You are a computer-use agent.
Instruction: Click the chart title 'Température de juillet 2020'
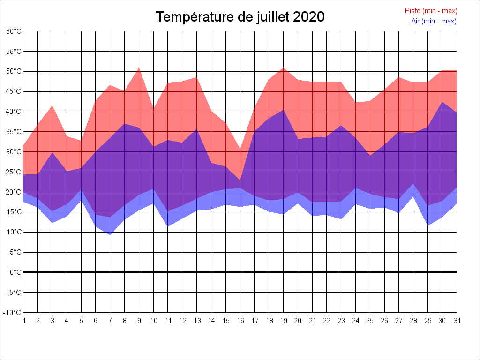[240, 17]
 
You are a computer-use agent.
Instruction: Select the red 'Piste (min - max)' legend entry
[431, 11]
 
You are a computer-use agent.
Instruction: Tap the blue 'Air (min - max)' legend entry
[434, 21]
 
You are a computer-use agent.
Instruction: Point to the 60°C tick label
[14, 31]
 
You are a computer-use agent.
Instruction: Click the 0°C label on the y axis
[15, 272]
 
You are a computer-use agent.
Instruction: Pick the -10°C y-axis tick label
[13, 313]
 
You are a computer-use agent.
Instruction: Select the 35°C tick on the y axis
[14, 132]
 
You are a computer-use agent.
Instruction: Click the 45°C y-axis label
[14, 91]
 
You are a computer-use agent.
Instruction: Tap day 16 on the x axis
[240, 321]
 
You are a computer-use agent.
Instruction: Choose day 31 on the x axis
[457, 321]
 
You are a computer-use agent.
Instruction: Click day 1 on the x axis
[23, 321]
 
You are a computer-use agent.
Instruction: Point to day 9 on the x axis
[139, 321]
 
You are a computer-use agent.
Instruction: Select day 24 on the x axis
[355, 321]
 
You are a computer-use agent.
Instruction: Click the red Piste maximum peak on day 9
[139, 68]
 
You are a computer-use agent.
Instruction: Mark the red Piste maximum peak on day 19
[283, 68]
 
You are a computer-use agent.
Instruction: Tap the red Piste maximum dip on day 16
[240, 149]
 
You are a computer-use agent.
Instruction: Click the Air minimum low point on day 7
[110, 234]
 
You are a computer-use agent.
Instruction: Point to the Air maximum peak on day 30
[442, 102]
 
